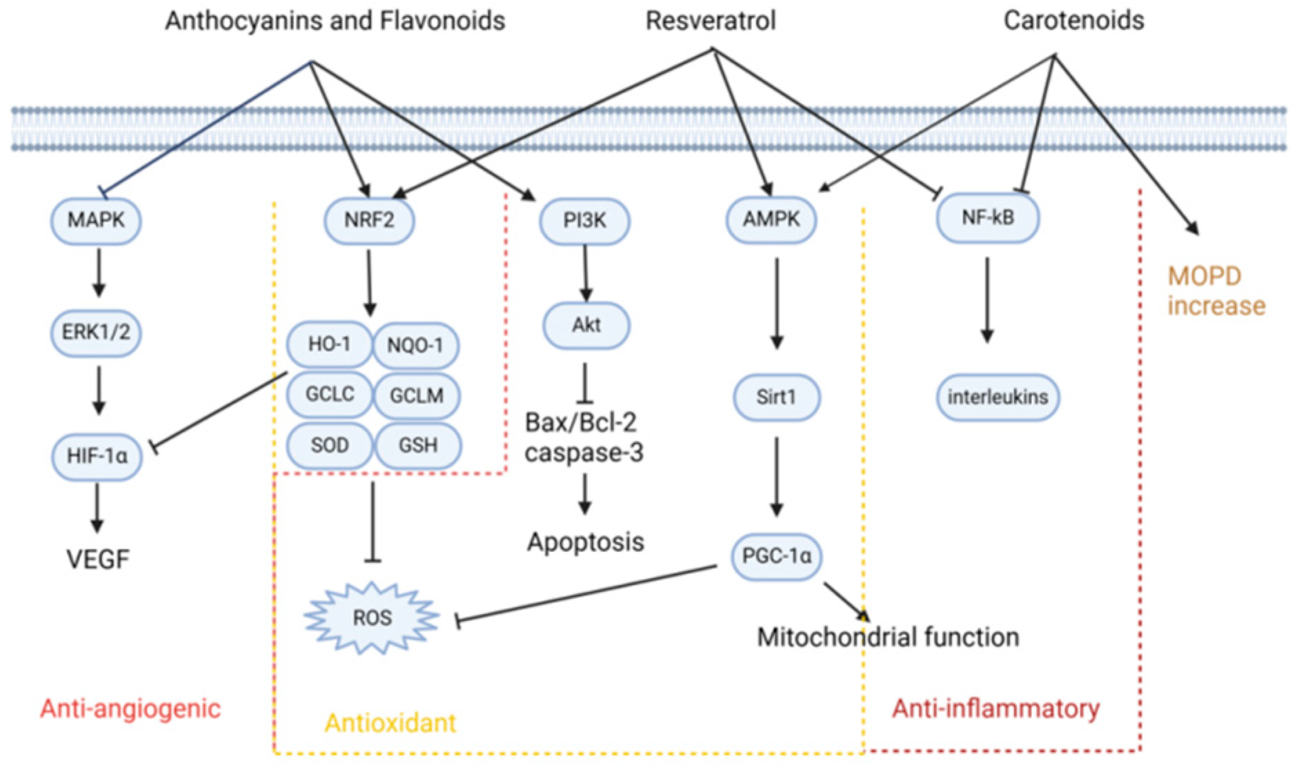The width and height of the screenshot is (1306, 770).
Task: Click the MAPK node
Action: [x=96, y=221]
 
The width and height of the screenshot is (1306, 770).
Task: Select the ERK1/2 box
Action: [x=96, y=333]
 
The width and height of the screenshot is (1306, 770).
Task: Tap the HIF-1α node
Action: [x=97, y=456]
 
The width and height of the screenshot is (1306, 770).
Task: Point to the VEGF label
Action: [x=97, y=559]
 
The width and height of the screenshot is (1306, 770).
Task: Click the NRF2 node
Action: [x=369, y=221]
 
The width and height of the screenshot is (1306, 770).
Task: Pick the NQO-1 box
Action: [x=415, y=345]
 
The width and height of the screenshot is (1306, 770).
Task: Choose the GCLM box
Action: [x=416, y=395]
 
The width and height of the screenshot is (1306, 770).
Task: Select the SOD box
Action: [x=329, y=445]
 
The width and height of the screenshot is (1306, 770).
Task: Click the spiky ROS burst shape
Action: [x=372, y=618]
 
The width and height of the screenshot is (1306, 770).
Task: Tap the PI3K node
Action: [x=584, y=221]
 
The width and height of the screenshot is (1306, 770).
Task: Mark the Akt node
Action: [x=586, y=325]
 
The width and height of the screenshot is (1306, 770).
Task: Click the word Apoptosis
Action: [x=585, y=542]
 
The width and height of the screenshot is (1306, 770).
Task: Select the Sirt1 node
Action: [x=776, y=397]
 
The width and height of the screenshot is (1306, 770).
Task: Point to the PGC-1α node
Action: [x=776, y=556]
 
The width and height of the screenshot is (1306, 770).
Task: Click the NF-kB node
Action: [x=987, y=219]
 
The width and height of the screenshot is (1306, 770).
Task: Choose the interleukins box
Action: [x=997, y=397]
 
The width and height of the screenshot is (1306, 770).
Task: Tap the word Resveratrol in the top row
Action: [x=710, y=21]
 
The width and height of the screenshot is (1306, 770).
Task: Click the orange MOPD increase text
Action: [x=1215, y=290]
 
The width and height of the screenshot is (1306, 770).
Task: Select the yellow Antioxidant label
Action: [x=390, y=723]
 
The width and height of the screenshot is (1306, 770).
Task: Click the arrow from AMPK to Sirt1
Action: [x=776, y=304]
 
